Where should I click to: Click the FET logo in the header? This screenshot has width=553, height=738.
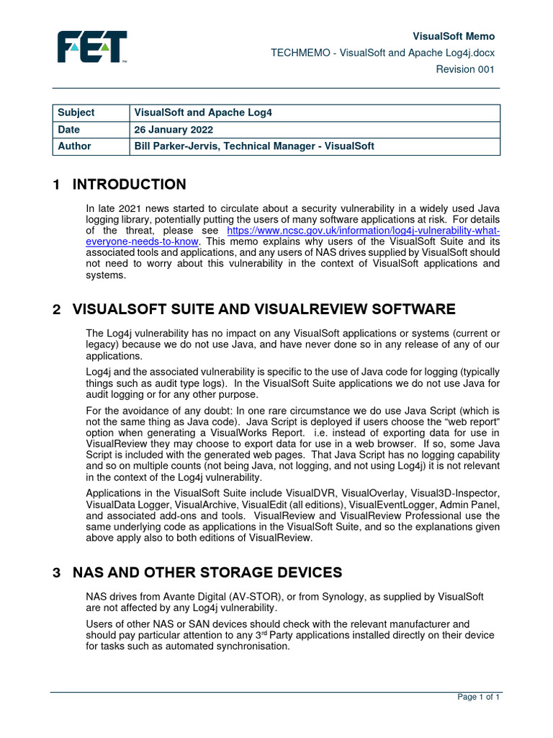coord(92,47)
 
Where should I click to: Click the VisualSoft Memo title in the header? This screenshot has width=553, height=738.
coord(453,36)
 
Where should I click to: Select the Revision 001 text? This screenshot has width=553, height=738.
coord(466,69)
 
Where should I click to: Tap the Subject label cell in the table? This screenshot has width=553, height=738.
coord(76,113)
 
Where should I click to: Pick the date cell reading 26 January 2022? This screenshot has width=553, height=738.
coord(174,130)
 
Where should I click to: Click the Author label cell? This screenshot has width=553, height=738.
coord(74,146)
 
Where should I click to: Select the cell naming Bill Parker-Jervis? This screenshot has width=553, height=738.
coord(254,146)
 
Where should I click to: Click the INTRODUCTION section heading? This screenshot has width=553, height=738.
coord(129,184)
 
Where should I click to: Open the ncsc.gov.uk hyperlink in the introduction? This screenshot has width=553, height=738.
coord(363,231)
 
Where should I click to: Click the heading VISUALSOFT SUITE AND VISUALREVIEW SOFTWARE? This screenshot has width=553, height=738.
coord(264,310)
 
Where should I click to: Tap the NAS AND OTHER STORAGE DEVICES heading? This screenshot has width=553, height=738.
coord(207,573)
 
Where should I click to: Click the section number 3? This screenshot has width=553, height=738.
coord(56,573)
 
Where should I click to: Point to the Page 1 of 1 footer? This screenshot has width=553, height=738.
coord(479,697)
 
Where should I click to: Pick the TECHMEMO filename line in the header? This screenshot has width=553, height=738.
coord(382,53)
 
